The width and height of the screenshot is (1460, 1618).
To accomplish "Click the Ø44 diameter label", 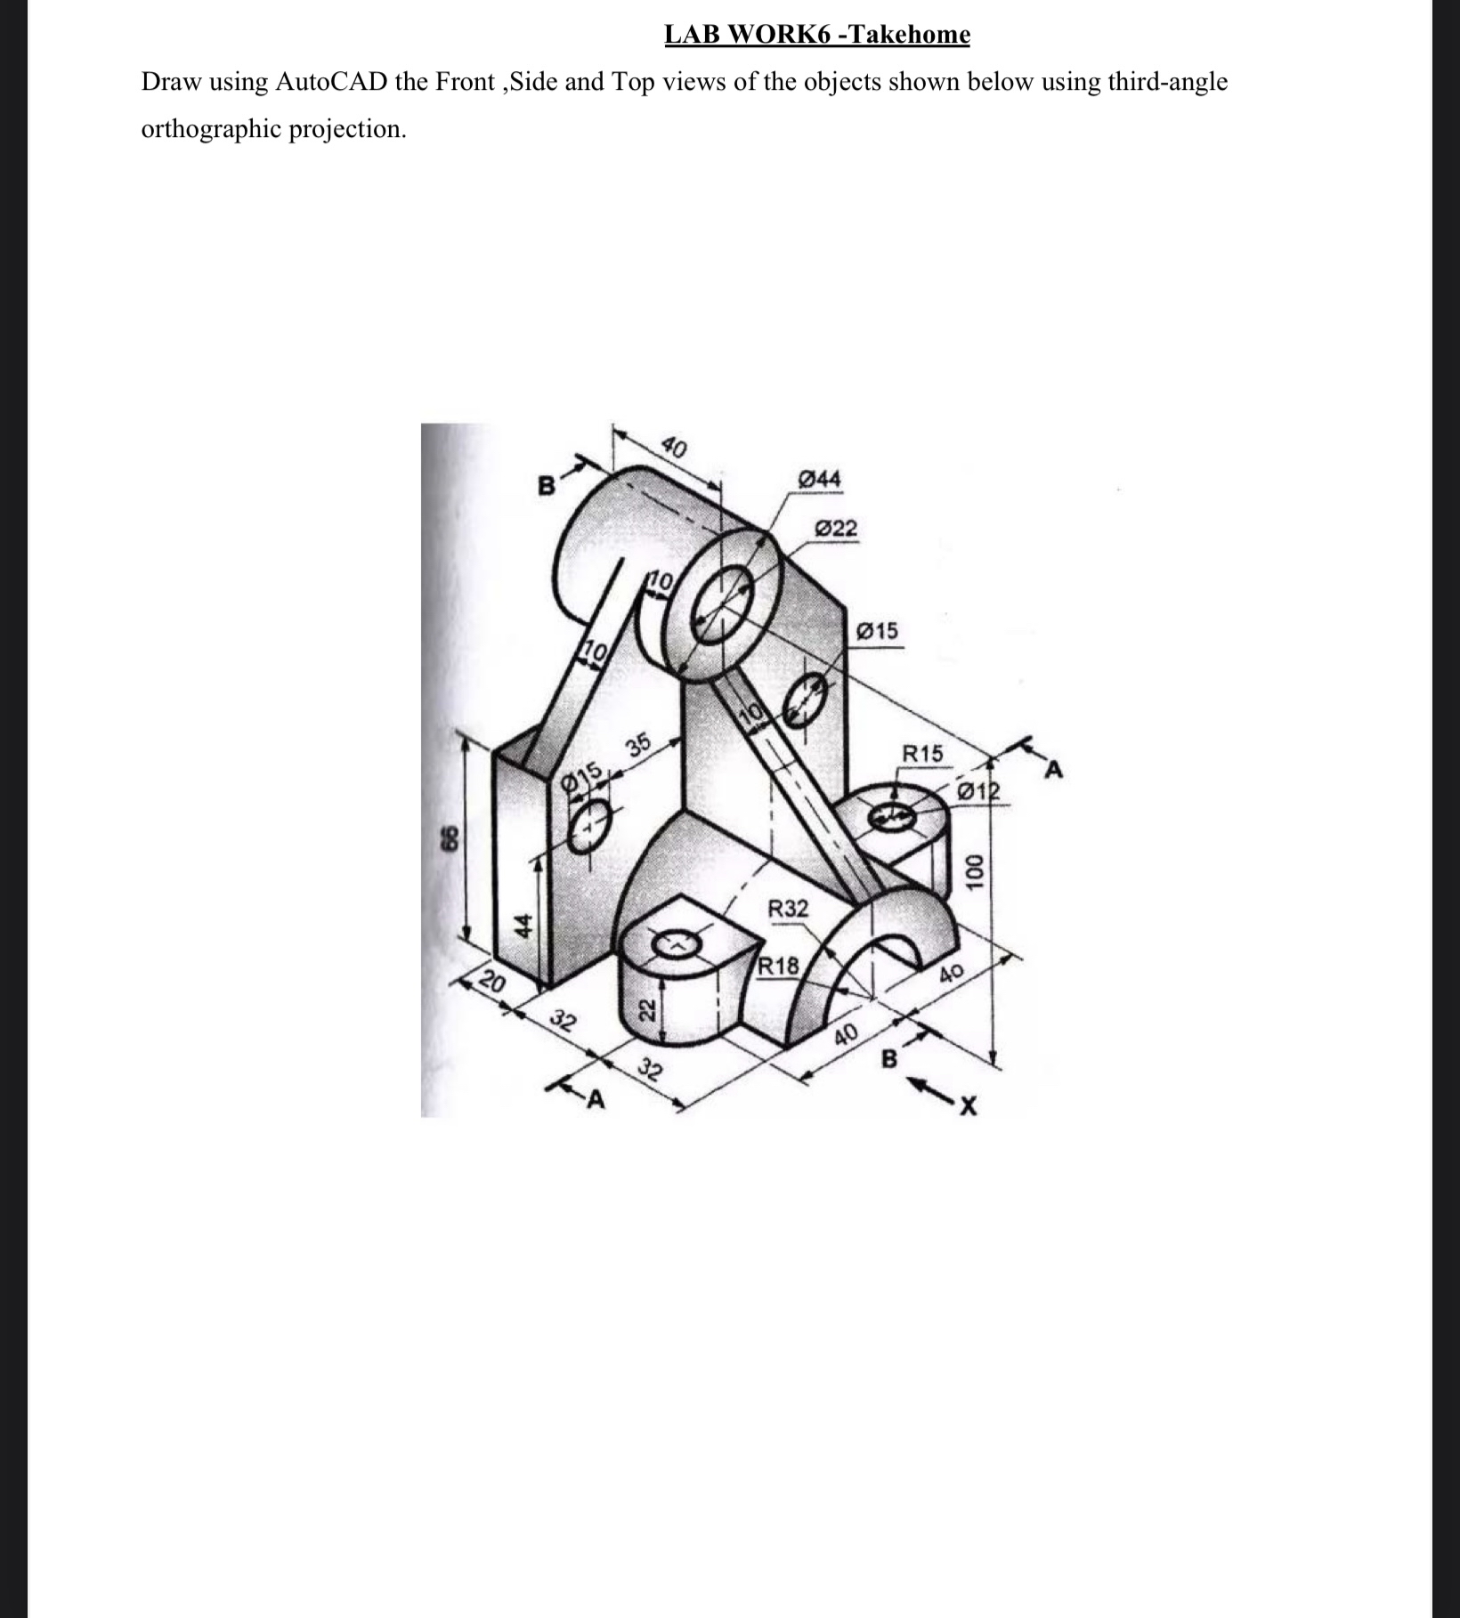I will tap(820, 479).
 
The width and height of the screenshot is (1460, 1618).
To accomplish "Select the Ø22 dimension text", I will tap(836, 529).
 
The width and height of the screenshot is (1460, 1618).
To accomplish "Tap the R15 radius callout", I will tap(921, 753).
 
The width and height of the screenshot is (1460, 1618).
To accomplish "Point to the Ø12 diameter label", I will tap(977, 791).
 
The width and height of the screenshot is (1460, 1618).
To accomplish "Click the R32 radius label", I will tap(788, 909).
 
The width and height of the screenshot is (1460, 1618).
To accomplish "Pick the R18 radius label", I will tap(779, 966).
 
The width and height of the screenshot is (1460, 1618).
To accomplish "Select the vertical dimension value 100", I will tap(977, 871).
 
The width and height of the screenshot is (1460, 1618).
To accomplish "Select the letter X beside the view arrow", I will tap(969, 1107).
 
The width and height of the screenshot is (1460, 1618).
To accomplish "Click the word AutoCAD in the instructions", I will tap(330, 82).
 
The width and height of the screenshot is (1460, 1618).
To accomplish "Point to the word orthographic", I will tap(227, 129).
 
